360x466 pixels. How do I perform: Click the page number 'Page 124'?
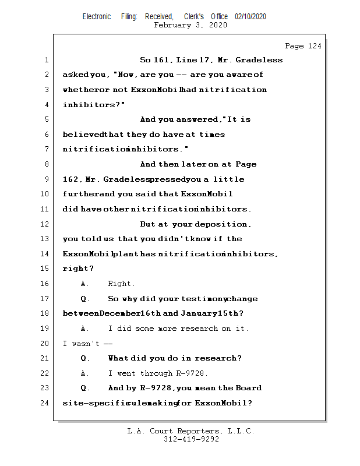pos(303,46)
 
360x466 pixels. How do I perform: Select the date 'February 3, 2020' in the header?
pos(190,25)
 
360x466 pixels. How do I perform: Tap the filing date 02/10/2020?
pos(250,17)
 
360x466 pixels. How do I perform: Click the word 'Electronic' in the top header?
pos(97,17)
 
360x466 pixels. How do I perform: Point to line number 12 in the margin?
pos(46,224)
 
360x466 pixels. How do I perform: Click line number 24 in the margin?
pos(46,403)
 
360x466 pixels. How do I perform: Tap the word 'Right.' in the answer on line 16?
pos(121,284)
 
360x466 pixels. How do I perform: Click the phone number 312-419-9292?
pos(191,440)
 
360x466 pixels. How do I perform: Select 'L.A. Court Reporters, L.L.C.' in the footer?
pos(191,432)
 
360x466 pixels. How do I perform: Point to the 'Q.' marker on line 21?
pos(85,358)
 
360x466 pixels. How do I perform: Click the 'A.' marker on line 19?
pos(85,329)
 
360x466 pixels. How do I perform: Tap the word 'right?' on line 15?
pos(78,269)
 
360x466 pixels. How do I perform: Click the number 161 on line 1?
pos(161,60)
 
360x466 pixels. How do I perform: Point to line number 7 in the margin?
pos(46,150)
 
